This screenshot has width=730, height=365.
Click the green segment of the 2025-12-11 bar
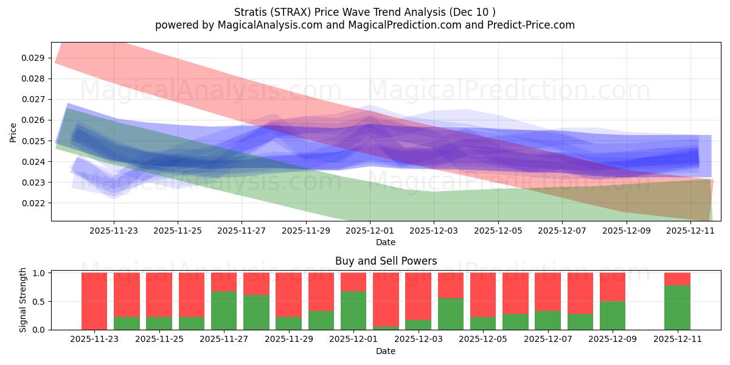coord(677,307)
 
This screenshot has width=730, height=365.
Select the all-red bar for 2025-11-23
coord(94,301)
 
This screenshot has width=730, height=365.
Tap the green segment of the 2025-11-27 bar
coord(223,310)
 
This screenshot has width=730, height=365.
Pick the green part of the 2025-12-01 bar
coord(353,310)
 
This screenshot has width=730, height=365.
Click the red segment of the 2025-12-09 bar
coord(613,287)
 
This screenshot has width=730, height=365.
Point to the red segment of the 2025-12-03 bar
coord(418,296)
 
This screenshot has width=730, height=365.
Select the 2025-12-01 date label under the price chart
coord(370,231)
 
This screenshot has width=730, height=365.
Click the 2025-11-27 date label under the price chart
coord(242,231)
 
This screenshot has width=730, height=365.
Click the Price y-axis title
coord(13,132)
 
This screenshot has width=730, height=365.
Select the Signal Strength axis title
coord(23,300)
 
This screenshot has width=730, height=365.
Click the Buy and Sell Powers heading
coord(386,261)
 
